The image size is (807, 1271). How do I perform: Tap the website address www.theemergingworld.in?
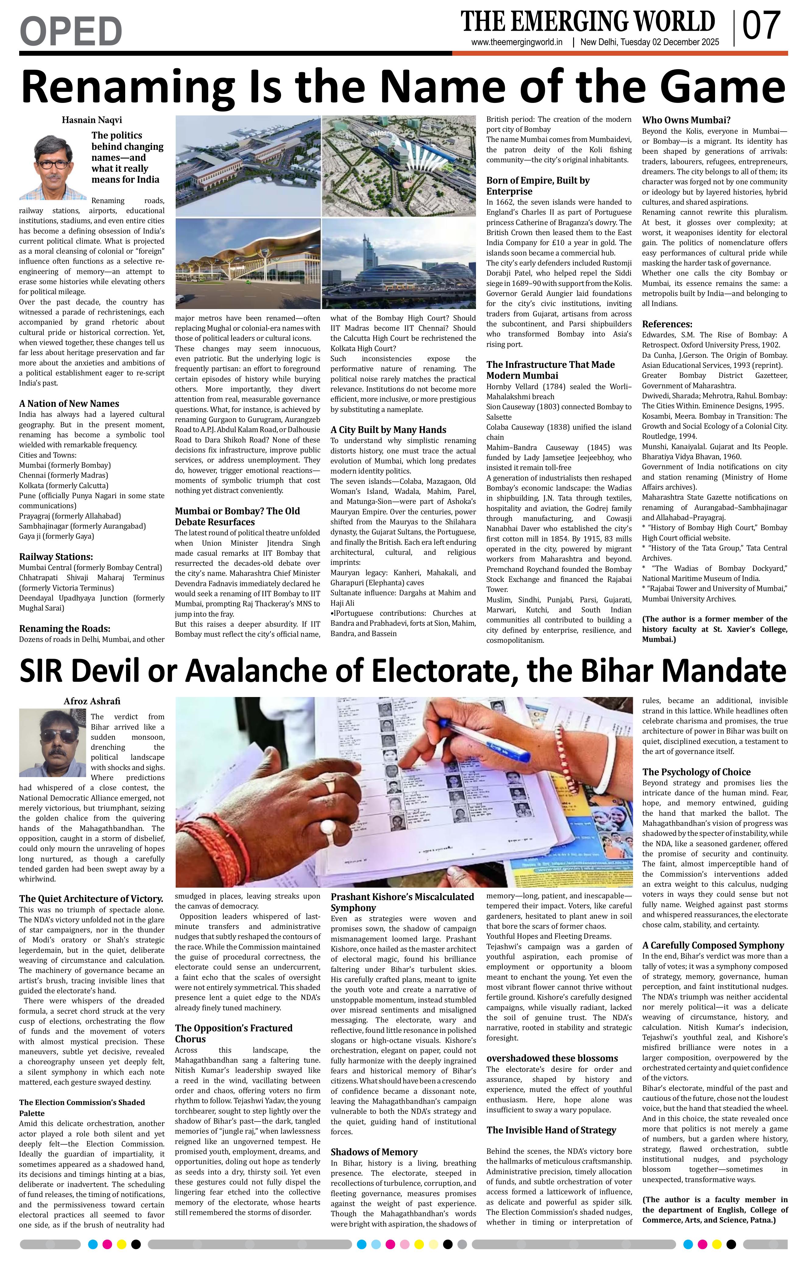tap(517, 43)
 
